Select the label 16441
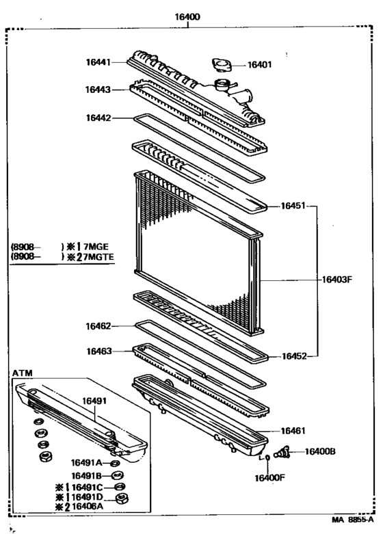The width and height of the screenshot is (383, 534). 99,62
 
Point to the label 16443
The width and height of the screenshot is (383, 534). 99,90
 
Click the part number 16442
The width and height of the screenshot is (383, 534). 99,118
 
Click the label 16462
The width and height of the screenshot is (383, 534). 99,326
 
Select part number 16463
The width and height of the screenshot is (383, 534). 99,351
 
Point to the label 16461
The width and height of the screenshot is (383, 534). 293,431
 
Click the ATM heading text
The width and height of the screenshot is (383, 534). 22,372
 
